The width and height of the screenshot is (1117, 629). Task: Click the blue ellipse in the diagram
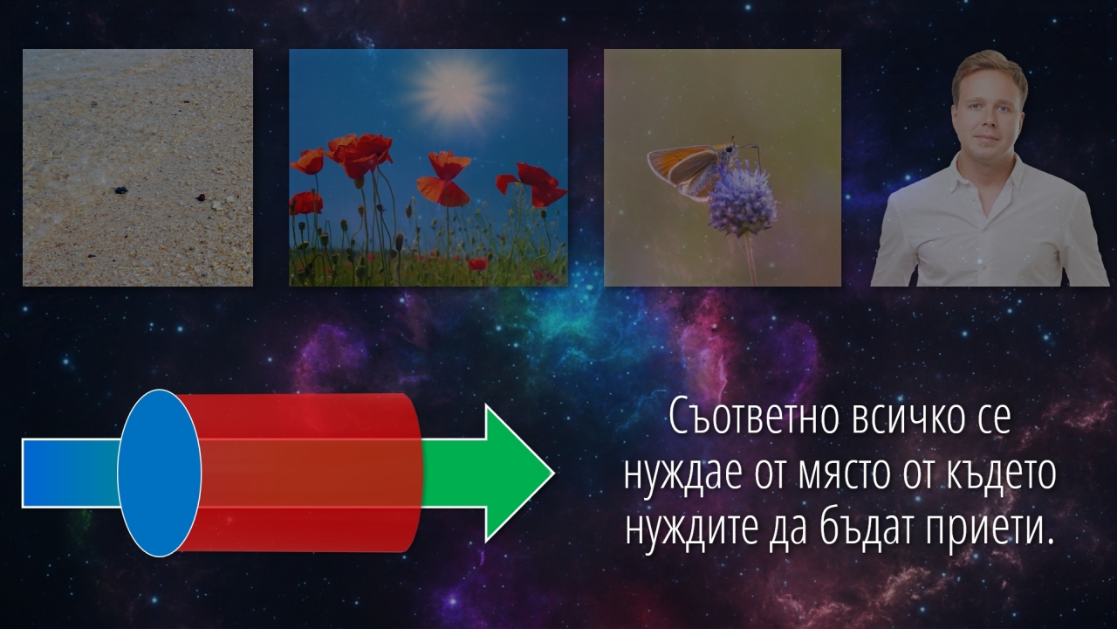pyautogui.click(x=160, y=473)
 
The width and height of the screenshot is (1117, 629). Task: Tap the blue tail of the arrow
pyautogui.click(x=70, y=473)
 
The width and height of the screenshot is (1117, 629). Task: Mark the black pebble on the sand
pyautogui.click(x=120, y=190)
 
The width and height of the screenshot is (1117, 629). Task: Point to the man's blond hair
pyautogui.click(x=989, y=70)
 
